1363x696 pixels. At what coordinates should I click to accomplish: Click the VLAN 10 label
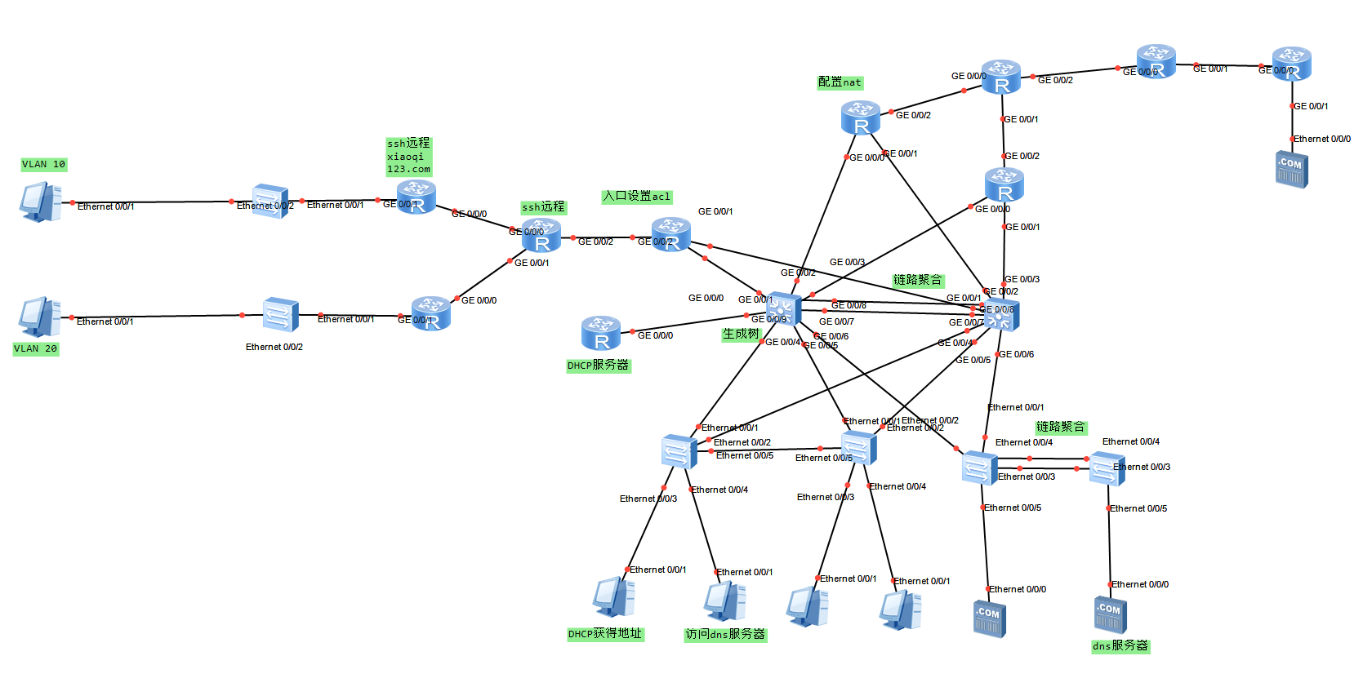[43, 164]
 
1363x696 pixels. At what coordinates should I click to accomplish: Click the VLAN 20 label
[35, 348]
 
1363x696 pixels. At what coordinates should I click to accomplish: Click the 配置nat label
[840, 82]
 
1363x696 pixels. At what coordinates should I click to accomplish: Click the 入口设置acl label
[636, 197]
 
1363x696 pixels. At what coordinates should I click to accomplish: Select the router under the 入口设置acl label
[671, 235]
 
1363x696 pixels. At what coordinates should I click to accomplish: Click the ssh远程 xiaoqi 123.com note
[408, 156]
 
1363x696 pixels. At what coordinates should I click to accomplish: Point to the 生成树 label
[741, 334]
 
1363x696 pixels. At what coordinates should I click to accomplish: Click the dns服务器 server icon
[1110, 614]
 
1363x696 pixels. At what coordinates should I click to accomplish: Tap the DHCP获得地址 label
[605, 634]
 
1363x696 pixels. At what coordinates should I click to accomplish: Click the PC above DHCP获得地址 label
[613, 597]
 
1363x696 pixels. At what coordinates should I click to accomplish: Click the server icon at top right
[1291, 169]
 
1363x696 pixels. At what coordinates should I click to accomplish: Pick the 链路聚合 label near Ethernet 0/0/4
[1060, 427]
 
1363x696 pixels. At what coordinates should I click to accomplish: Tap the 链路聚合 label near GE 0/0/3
[917, 280]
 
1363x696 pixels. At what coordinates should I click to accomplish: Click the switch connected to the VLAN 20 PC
[280, 314]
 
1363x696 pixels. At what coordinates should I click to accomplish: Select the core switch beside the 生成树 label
[782, 311]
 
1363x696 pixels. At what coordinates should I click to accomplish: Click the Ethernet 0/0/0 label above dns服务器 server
[1139, 584]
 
